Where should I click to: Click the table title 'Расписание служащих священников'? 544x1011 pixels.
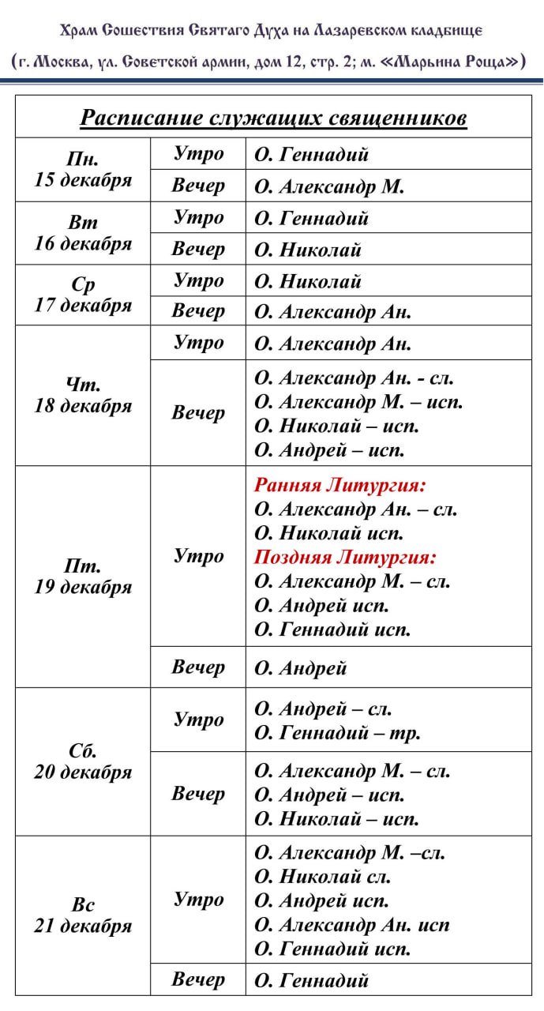(x=273, y=118)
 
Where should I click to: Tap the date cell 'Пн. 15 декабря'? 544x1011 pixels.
(x=83, y=170)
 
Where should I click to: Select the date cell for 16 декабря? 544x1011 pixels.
(x=83, y=233)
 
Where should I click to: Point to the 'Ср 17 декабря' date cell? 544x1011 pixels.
(x=83, y=295)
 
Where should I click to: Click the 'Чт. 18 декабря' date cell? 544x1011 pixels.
(x=83, y=396)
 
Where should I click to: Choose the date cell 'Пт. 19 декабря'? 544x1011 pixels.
(x=83, y=577)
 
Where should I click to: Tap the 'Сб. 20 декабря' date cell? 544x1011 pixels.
(x=83, y=761)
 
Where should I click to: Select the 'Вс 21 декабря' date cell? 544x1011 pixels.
(x=83, y=915)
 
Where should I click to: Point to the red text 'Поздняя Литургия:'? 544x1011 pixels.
(x=345, y=558)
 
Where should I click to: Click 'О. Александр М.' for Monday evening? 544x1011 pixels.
(x=329, y=186)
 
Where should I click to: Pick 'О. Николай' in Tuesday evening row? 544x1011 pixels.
(x=308, y=250)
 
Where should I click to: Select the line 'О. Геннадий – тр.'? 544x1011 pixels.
(x=337, y=734)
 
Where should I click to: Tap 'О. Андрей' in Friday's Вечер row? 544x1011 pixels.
(x=301, y=668)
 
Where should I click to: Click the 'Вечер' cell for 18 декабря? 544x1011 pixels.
(x=198, y=413)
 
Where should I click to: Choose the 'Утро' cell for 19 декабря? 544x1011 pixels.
(x=198, y=556)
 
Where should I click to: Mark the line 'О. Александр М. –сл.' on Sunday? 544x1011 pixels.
(x=350, y=853)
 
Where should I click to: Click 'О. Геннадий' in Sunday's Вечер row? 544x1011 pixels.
(x=311, y=980)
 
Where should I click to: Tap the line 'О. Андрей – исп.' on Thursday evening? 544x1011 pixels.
(x=329, y=450)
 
